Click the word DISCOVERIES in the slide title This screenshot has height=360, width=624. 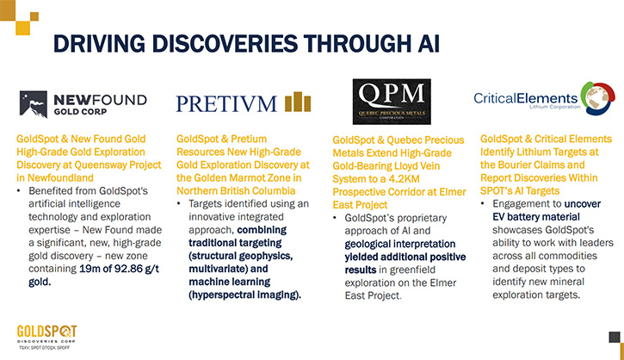click(x=225, y=43)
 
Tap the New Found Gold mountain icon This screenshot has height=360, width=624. click(x=34, y=104)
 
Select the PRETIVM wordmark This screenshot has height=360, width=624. click(x=226, y=104)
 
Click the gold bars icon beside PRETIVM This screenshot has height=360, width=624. click(x=298, y=102)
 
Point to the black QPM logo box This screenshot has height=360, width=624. click(x=392, y=102)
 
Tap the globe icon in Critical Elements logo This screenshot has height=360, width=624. click(x=597, y=98)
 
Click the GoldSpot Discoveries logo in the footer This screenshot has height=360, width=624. click(x=46, y=337)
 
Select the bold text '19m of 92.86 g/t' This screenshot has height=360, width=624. click(x=119, y=269)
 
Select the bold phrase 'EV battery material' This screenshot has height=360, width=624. click(x=536, y=217)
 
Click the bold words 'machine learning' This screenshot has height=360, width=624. click(x=230, y=282)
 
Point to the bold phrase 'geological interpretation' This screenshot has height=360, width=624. click(x=400, y=244)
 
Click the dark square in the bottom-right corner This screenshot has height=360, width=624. click(x=615, y=338)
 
